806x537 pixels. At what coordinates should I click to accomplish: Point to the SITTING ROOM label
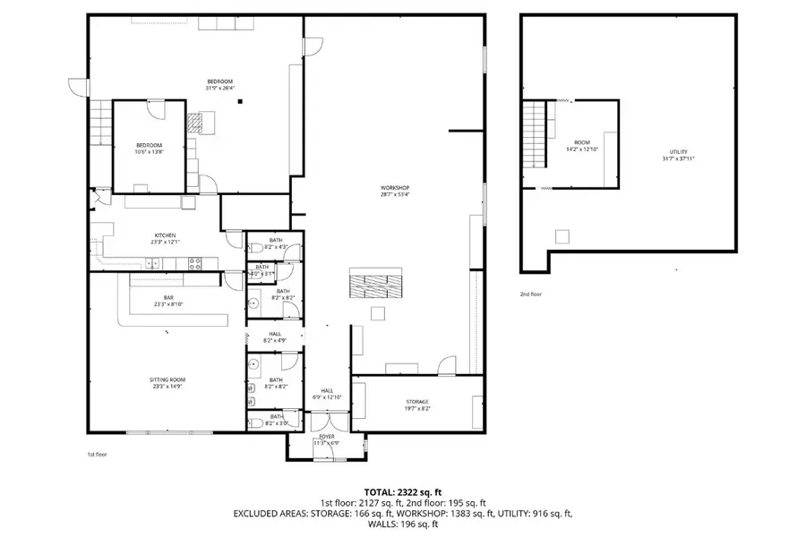[167, 379]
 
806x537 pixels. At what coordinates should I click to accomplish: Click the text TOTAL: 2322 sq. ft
[402, 492]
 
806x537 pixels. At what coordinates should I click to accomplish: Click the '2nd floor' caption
[531, 294]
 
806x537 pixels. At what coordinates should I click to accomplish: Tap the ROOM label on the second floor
[582, 142]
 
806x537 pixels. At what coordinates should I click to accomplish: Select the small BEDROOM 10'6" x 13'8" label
[149, 145]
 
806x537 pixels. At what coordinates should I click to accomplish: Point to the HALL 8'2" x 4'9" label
[275, 334]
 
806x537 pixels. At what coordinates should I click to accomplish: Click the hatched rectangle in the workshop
[375, 286]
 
